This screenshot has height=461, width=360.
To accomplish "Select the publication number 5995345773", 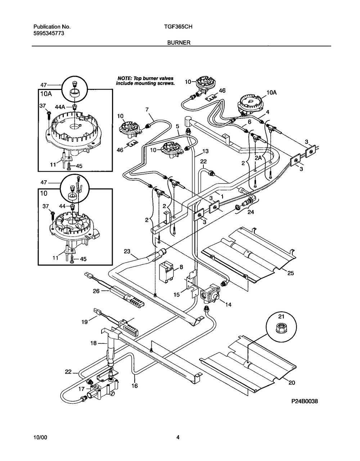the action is [x=49, y=33].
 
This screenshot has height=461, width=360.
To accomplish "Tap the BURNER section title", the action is [x=179, y=42].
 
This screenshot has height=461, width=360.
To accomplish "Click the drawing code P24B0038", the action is [x=305, y=401].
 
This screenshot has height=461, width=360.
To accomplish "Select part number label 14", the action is [x=228, y=305].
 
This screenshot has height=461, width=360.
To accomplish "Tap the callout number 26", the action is [x=96, y=291].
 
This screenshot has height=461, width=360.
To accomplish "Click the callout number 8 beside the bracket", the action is [x=181, y=267].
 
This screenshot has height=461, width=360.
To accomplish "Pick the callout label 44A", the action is [x=60, y=107].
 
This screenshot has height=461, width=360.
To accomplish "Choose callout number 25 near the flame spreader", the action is [x=291, y=273].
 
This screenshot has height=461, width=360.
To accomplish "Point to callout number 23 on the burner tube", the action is [x=127, y=252].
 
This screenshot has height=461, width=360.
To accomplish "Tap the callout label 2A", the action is [x=258, y=158].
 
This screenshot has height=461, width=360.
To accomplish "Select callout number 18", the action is [x=93, y=343].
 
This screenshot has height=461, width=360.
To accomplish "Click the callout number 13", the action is [x=205, y=151].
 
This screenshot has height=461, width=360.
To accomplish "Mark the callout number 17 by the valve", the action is [x=81, y=389].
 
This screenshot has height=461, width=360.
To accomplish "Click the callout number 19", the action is [x=85, y=322].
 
